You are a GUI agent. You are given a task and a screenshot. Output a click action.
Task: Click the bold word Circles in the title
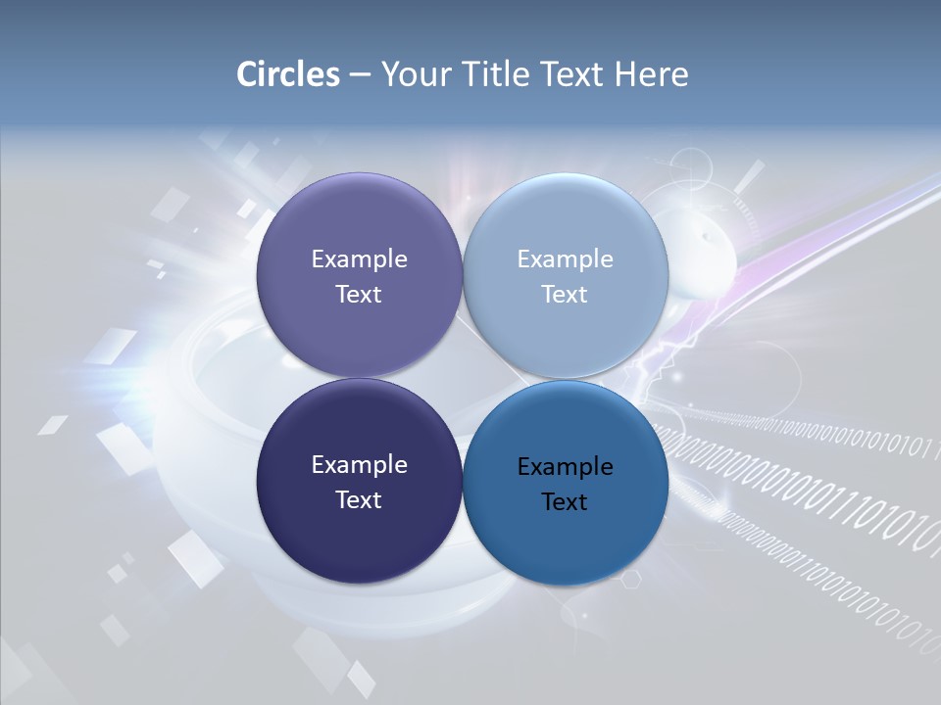287,74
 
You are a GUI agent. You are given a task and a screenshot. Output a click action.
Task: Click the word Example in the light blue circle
565,259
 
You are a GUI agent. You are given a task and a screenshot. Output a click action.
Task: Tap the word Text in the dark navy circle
359,500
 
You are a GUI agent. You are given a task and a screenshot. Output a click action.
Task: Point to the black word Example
565,467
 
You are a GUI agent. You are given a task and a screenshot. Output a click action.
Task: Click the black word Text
565,502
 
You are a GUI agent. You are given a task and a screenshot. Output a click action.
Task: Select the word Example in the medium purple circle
359,259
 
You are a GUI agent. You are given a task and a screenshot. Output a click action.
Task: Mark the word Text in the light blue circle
565,295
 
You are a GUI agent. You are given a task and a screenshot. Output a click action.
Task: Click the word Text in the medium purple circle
359,295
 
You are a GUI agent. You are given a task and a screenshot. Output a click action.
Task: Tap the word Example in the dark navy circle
359,465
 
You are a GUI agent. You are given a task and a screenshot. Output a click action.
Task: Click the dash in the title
360,75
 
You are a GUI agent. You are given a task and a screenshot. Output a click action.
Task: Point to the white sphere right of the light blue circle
701,245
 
